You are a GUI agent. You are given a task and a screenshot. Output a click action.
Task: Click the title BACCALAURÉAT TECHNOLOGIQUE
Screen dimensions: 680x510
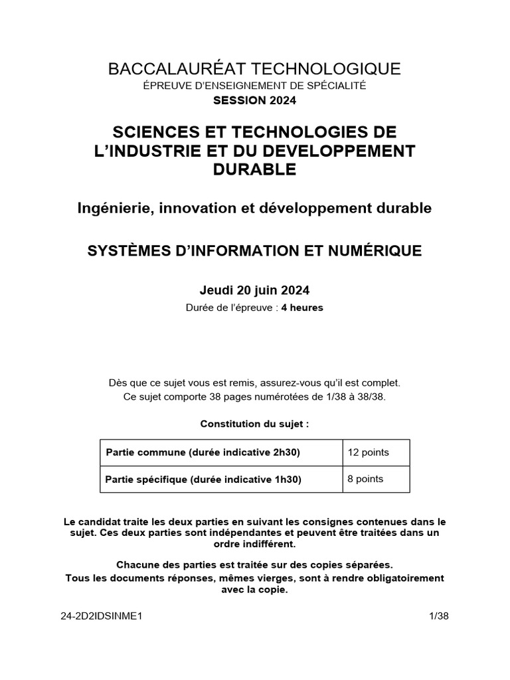pyautogui.click(x=255, y=68)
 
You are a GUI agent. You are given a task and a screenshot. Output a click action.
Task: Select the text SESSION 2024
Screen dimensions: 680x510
pyautogui.click(x=255, y=101)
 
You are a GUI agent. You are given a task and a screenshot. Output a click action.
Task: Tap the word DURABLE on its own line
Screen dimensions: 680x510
pyautogui.click(x=255, y=169)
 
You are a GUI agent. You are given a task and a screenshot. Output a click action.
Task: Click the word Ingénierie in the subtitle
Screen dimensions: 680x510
pyautogui.click(x=112, y=208)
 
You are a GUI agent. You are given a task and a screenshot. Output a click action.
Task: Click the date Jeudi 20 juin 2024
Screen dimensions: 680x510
pyautogui.click(x=255, y=290)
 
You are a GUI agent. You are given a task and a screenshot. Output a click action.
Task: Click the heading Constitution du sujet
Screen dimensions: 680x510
pyautogui.click(x=255, y=423)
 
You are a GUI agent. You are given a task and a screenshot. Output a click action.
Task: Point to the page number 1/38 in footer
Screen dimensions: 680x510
pyautogui.click(x=440, y=616)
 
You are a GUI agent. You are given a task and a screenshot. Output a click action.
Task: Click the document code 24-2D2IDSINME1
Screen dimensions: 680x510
pyautogui.click(x=102, y=616)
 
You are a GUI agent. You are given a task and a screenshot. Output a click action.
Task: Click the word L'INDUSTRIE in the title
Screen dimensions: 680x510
pyautogui.click(x=150, y=150)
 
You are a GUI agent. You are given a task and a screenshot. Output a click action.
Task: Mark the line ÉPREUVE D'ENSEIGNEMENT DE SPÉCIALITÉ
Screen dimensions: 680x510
pyautogui.click(x=255, y=86)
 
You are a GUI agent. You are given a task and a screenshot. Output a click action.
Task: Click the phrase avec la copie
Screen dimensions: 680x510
pyautogui.click(x=255, y=589)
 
